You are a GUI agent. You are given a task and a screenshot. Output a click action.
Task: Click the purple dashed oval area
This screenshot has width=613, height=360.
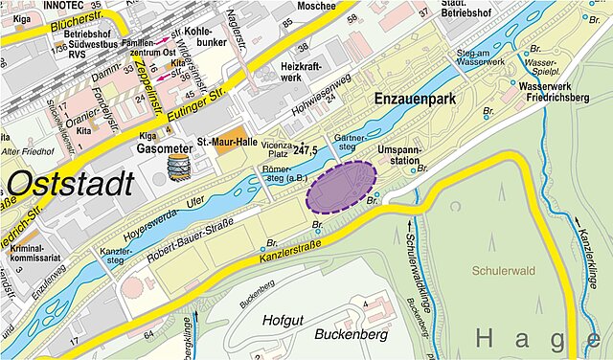pyautogui.click(x=342, y=186)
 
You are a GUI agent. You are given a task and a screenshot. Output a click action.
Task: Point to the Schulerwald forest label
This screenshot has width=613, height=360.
pyautogui.click(x=504, y=271)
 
